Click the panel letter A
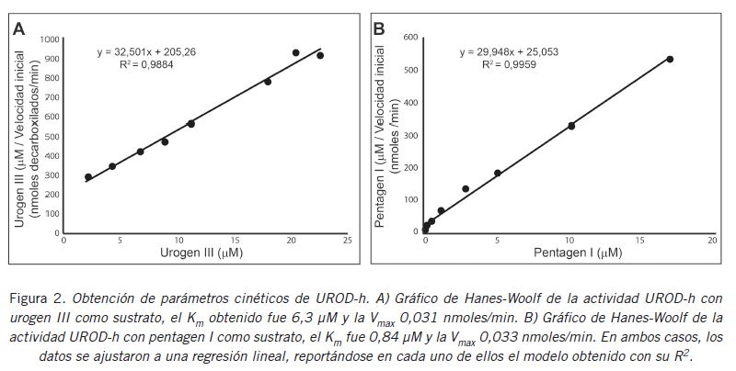(x=18, y=28)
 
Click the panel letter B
(x=378, y=28)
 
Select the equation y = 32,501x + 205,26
(x=146, y=52)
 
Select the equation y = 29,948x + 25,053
(x=509, y=52)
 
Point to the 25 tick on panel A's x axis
(x=347, y=240)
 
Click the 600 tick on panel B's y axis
(x=411, y=38)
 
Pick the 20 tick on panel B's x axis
(x=712, y=240)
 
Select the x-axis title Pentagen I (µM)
(x=568, y=253)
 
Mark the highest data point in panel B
(x=670, y=59)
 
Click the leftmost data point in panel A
(x=88, y=177)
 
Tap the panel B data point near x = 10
(x=571, y=126)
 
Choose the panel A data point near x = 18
(x=268, y=82)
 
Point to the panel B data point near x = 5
(x=498, y=173)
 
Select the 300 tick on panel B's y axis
(x=411, y=135)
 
